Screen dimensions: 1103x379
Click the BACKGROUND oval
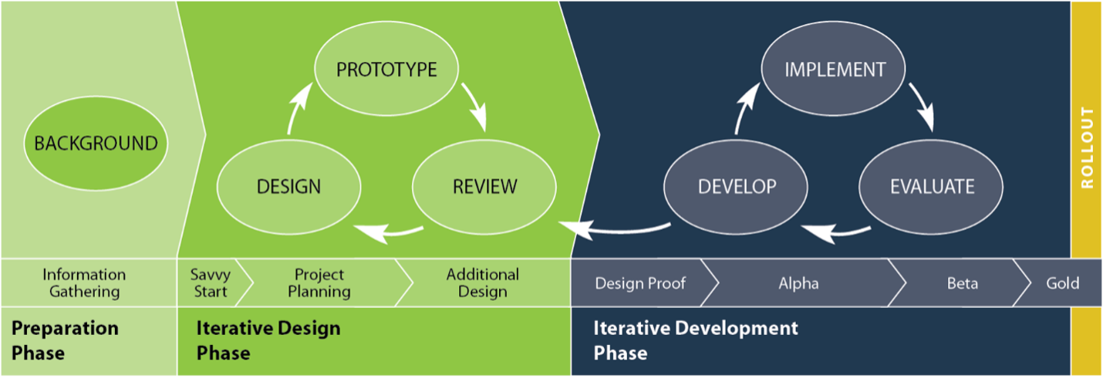click(96, 143)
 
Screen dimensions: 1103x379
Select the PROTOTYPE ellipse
click(386, 69)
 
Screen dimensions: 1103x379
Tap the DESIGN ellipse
click(289, 186)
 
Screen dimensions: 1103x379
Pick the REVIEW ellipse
click(484, 186)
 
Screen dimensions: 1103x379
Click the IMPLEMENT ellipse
click(834, 69)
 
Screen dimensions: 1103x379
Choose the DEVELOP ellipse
click(736, 186)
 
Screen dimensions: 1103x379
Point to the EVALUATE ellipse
click(931, 186)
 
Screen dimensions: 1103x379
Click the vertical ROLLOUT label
click(1088, 148)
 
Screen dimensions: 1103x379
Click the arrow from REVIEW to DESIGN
click(389, 232)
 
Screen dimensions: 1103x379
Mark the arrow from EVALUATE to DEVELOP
click(835, 232)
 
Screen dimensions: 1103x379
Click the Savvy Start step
click(211, 283)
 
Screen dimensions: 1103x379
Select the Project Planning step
click(319, 283)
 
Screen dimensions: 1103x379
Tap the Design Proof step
click(640, 283)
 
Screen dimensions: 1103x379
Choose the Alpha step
click(798, 283)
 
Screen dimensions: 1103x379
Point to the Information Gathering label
click(84, 283)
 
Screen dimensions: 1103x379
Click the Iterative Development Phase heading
click(695, 340)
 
